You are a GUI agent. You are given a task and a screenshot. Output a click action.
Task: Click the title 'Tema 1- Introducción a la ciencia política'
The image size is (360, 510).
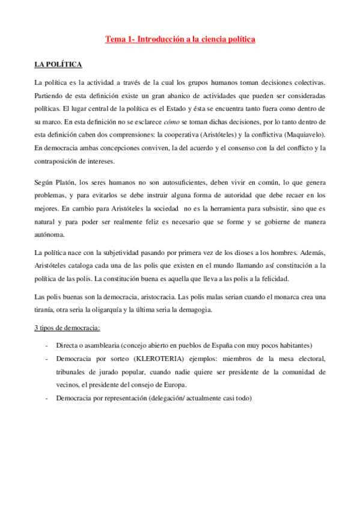[x=180, y=39]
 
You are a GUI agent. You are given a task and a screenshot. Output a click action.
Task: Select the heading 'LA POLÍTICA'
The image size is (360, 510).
[x=58, y=64]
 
